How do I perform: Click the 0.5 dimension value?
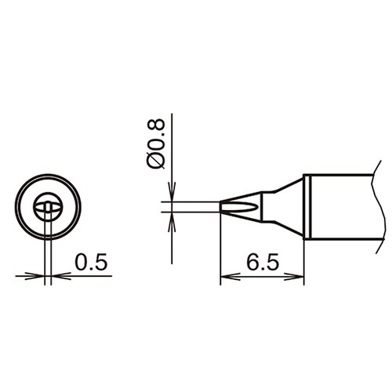pos(91,262)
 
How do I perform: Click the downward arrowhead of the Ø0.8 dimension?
pos(172,196)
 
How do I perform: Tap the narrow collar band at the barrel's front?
pos(309,207)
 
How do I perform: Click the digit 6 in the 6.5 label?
pos(252,262)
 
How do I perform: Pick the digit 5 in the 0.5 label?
pos(101,262)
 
